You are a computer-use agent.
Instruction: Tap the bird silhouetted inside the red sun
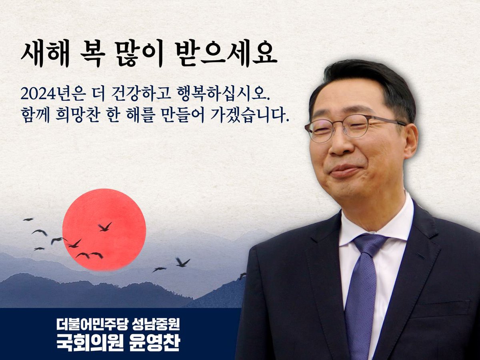[105, 227]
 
